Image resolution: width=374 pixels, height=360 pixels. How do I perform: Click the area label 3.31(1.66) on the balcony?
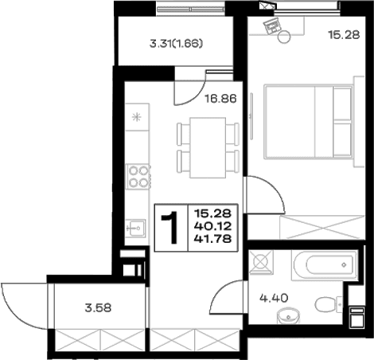pos(176,44)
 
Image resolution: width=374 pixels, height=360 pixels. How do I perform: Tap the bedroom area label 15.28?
pos(344,35)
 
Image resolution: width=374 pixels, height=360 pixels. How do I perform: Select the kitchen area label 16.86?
pos(220,99)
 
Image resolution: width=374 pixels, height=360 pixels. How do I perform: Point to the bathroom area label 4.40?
pos(274,298)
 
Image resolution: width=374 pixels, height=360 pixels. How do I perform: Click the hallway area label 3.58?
pos(98,308)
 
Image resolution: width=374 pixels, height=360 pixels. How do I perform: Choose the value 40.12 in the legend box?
pos(213,226)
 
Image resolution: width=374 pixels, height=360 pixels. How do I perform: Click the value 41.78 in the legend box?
pos(213,239)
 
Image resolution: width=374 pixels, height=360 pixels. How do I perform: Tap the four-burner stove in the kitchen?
pos(138,177)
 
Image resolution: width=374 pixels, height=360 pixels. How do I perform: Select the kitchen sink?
pos(135,228)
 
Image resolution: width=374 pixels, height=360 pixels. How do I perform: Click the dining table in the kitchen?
pos(208,147)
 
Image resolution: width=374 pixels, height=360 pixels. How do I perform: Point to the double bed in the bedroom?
pos(309,122)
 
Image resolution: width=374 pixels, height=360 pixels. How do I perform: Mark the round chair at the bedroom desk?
pos(284,37)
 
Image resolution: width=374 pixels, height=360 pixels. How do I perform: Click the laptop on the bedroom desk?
pos(271,25)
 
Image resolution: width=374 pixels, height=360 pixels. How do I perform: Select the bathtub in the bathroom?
pos(325,265)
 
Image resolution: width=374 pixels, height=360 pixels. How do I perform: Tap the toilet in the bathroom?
pos(328,304)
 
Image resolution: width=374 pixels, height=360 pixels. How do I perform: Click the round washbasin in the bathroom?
pos(288,316)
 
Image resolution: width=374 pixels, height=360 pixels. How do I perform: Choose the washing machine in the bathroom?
pos(260,262)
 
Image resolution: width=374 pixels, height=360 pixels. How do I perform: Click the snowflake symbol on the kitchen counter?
pos(137,117)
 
